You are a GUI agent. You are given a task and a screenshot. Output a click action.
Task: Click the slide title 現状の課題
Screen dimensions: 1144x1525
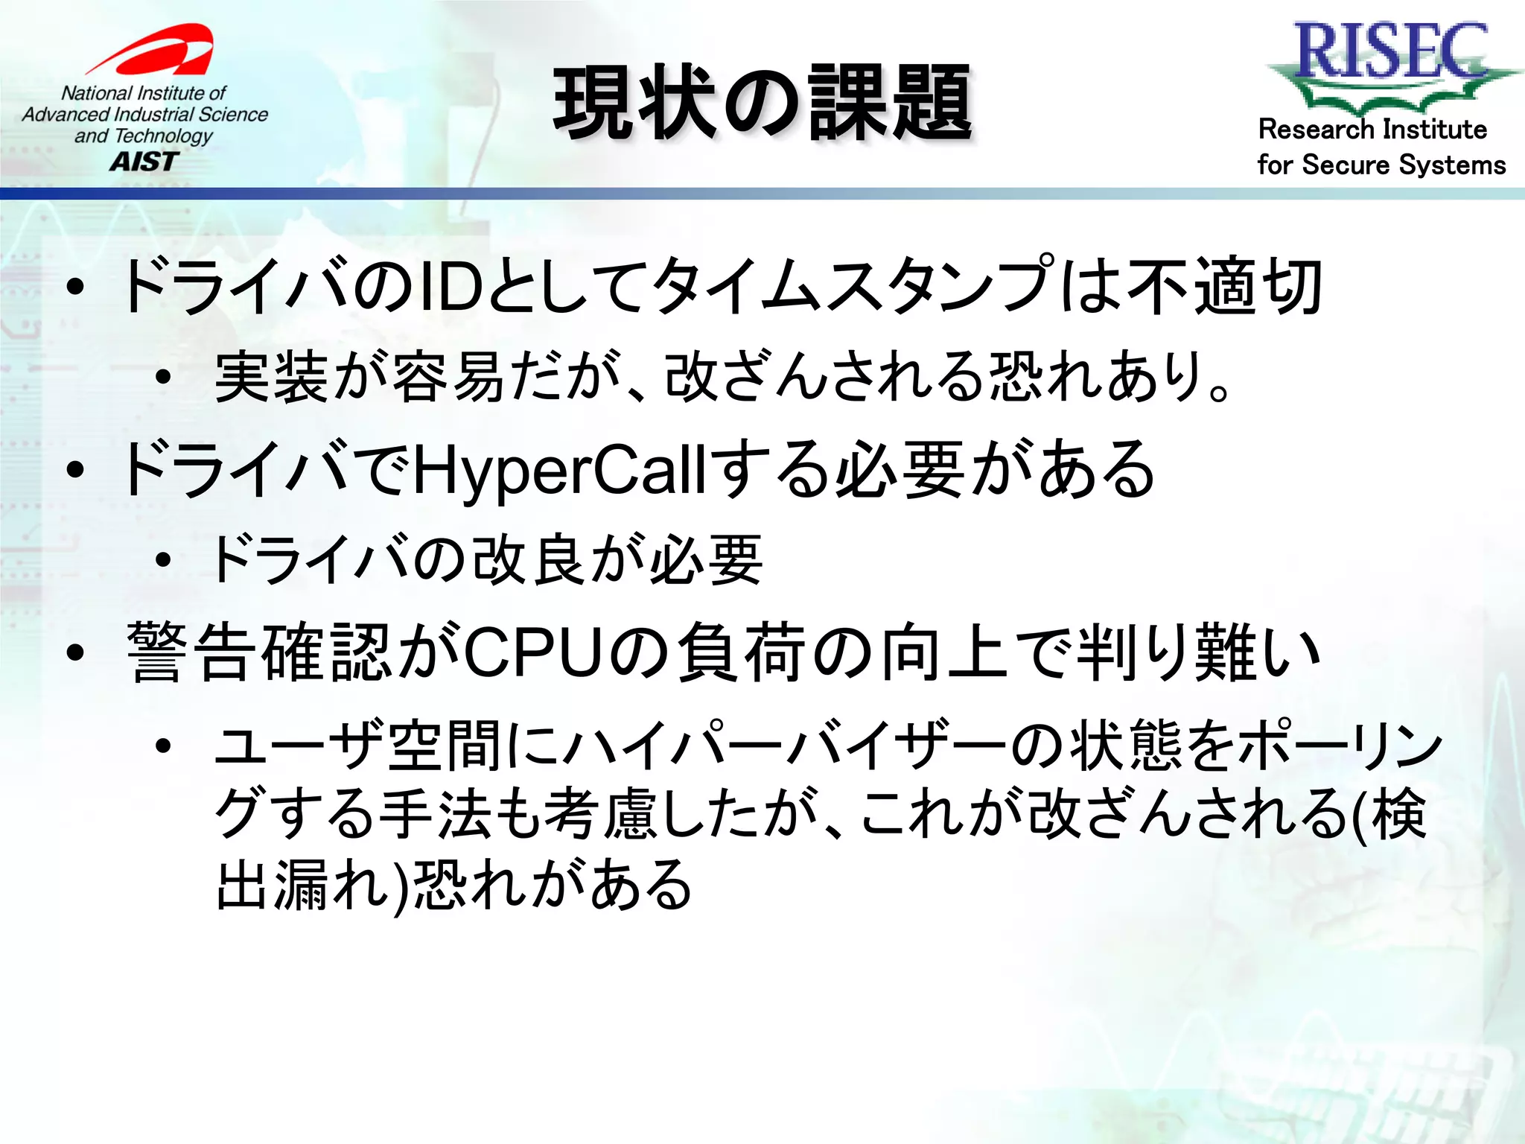tap(762, 104)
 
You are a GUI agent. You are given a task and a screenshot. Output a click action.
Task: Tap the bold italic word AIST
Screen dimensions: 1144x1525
tap(144, 162)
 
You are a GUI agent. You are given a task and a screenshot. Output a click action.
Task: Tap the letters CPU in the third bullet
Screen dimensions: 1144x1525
tap(532, 652)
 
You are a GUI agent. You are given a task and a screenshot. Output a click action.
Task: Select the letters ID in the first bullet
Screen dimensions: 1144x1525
tap(451, 287)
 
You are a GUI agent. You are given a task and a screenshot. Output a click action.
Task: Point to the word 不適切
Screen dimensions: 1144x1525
tap(1225, 287)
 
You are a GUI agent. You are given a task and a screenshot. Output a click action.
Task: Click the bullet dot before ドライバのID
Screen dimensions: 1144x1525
tap(75, 287)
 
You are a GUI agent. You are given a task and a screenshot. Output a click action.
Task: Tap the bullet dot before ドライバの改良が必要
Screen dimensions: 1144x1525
tap(164, 561)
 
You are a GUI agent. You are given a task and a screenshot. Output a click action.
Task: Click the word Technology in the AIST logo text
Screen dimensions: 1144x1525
tap(164, 136)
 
